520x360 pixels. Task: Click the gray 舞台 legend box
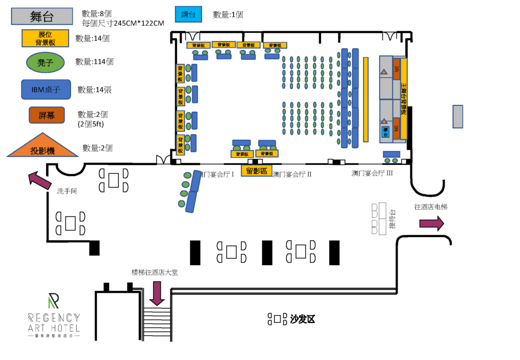[42, 17]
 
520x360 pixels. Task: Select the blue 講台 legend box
[188, 15]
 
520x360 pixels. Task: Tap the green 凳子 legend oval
[45, 62]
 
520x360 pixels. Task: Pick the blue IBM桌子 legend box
[46, 89]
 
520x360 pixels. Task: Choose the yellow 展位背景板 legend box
[45, 38]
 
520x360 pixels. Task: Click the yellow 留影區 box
[256, 171]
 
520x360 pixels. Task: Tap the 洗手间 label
[67, 191]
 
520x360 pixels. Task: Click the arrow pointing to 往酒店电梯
[431, 223]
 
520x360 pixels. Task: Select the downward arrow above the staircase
[157, 293]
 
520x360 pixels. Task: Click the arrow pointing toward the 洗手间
[39, 180]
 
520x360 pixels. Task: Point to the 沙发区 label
[303, 319]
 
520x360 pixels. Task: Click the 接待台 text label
[392, 219]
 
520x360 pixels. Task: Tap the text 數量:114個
[94, 62]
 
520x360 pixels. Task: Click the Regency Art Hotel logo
[53, 315]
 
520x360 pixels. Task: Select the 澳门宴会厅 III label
[372, 173]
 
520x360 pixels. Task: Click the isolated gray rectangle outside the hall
[458, 116]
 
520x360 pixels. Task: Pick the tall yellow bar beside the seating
[366, 99]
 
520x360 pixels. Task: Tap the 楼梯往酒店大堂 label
[154, 272]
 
